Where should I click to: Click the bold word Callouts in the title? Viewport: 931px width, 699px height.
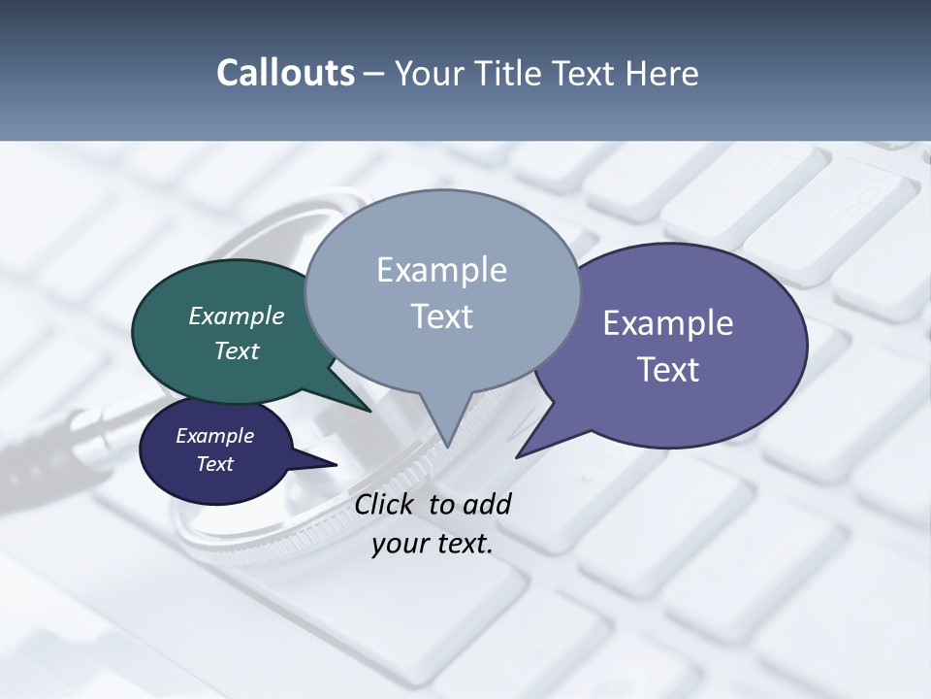[285, 73]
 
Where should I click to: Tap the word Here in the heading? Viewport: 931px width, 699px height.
[663, 73]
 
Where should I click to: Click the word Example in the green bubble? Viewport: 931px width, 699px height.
[237, 316]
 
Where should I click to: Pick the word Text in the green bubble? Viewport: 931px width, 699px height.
[237, 350]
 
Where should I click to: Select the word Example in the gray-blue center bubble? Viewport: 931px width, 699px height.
[441, 270]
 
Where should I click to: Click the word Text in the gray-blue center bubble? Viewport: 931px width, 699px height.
[441, 316]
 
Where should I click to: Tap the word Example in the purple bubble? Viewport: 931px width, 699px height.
[668, 322]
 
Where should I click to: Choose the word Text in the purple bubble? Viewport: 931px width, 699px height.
[668, 369]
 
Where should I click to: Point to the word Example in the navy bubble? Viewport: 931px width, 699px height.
[215, 436]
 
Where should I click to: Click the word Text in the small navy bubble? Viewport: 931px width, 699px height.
[215, 463]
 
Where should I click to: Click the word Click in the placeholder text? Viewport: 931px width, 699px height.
[385, 504]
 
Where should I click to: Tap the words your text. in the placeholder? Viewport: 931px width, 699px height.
[433, 544]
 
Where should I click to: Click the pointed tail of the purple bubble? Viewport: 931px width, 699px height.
[521, 454]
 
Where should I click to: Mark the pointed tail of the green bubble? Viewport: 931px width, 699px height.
[368, 409]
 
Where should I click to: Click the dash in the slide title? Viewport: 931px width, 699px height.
[375, 73]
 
